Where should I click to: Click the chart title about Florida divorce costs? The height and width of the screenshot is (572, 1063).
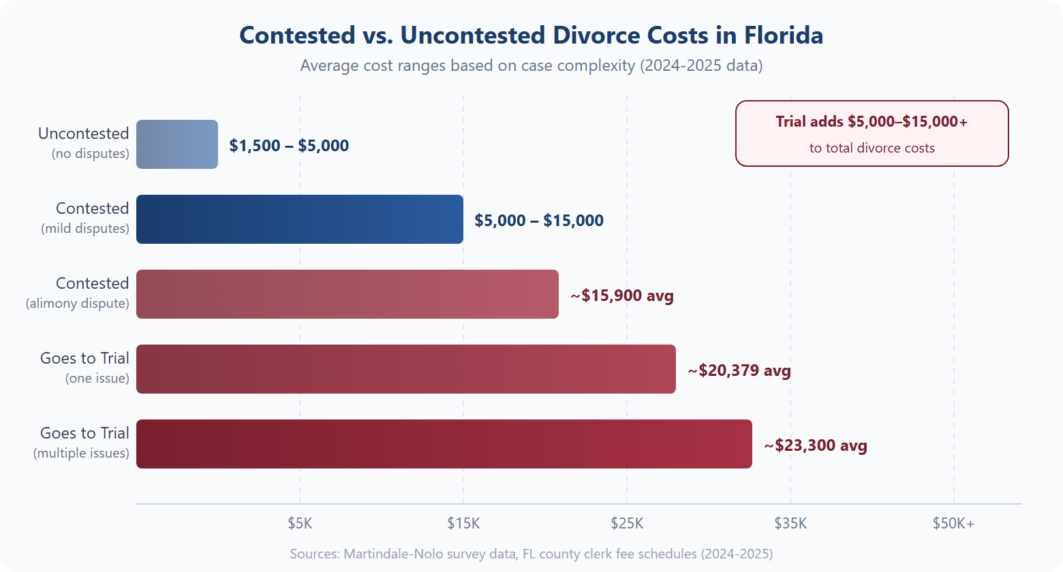tap(531, 35)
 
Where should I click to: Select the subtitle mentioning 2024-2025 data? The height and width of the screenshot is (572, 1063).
tap(531, 65)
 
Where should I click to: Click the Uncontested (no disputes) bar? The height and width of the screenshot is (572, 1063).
tap(177, 144)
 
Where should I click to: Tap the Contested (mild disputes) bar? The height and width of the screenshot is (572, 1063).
tap(300, 219)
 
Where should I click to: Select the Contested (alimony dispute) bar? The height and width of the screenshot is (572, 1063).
tap(348, 294)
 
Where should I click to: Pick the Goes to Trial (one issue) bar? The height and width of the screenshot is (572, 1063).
tap(406, 369)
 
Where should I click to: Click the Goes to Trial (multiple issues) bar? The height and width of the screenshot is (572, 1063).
tap(444, 444)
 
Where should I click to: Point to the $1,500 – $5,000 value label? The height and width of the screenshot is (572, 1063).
tap(289, 146)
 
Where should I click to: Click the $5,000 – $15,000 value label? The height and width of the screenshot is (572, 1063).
tap(539, 221)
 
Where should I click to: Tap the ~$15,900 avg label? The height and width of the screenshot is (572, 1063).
tap(622, 296)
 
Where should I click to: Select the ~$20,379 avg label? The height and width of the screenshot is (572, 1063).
tap(739, 370)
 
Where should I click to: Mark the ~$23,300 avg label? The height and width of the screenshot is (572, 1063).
tap(816, 445)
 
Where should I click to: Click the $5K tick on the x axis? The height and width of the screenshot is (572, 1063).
tap(300, 523)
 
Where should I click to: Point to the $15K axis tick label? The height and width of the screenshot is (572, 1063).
tap(463, 523)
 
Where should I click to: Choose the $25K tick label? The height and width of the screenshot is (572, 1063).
tap(627, 523)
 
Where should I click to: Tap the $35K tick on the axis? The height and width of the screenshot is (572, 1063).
tap(790, 523)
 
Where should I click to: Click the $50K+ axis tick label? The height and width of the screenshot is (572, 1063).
tap(953, 523)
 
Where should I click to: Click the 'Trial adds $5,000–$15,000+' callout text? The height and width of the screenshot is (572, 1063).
tap(872, 122)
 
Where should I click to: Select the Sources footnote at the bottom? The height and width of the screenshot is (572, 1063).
tap(531, 554)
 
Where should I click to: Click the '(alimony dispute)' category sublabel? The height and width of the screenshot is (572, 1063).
tap(78, 303)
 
